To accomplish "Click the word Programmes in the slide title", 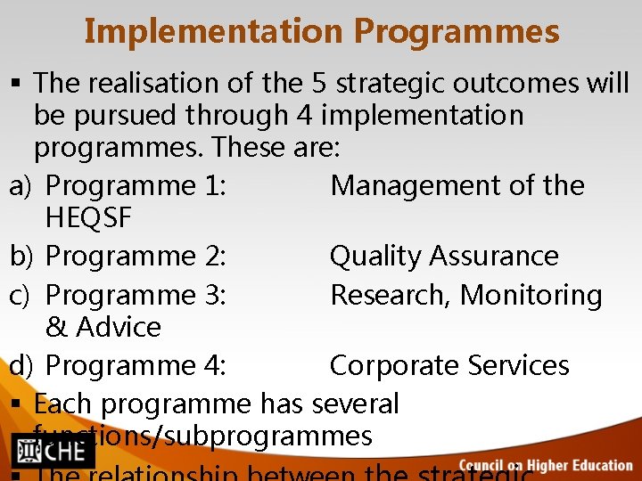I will click(457, 32).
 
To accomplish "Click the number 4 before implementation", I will click(304, 116).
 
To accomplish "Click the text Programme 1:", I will click(136, 186).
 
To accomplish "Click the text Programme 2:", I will click(136, 257).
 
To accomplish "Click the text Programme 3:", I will click(136, 295).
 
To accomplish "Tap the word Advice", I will click(119, 327).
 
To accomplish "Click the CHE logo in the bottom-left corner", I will click(53, 452).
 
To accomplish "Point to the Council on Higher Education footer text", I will click(545, 464).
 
